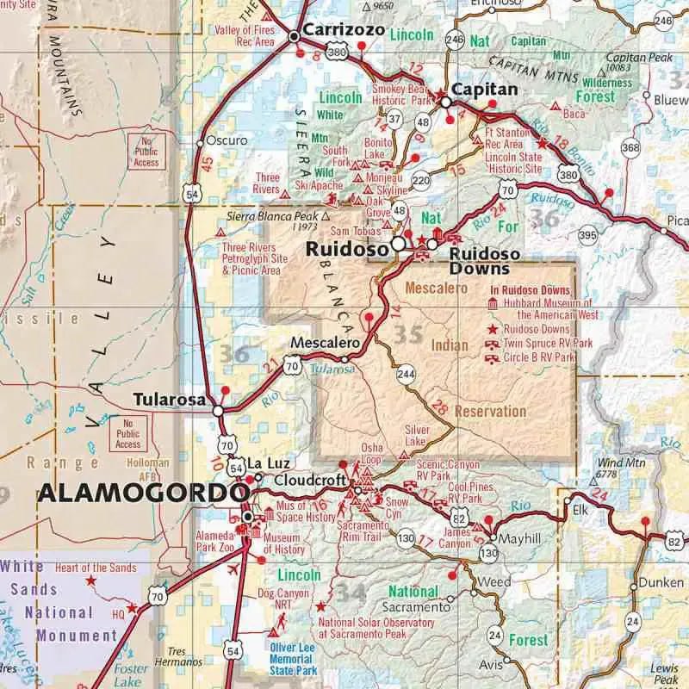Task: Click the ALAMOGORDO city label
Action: click(x=137, y=494)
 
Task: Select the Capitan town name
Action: click(x=485, y=90)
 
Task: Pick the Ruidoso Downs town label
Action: click(x=485, y=261)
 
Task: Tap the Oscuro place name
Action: click(x=227, y=140)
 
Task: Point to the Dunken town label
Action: click(x=661, y=583)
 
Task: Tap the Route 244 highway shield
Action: click(x=406, y=374)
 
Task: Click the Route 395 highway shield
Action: click(x=588, y=234)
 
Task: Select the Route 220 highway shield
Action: click(x=421, y=180)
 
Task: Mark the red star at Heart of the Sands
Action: click(x=90, y=581)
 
